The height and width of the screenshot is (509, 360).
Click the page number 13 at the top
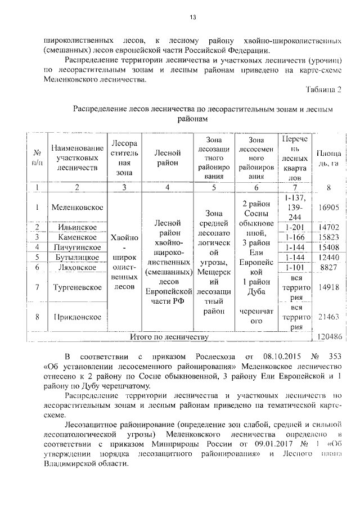[x=192, y=17]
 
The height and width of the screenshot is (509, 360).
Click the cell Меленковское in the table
[x=77, y=208]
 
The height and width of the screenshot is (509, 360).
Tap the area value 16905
[x=328, y=208]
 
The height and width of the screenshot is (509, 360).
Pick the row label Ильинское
[x=77, y=227]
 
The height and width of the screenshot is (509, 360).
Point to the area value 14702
[x=328, y=227]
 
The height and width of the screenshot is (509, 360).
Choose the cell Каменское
[x=77, y=237]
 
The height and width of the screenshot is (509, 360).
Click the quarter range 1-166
[x=295, y=237]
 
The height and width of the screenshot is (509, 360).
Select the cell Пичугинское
[x=77, y=247]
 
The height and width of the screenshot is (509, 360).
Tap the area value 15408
[x=328, y=247]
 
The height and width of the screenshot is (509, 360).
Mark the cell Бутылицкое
[x=77, y=257]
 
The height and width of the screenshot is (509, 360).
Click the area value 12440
[x=328, y=257]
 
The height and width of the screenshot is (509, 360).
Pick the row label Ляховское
[x=77, y=267]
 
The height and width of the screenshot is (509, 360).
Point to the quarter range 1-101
[x=295, y=267]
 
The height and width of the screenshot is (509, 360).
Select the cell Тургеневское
[x=77, y=287]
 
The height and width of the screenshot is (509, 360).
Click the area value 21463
[x=328, y=317]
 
